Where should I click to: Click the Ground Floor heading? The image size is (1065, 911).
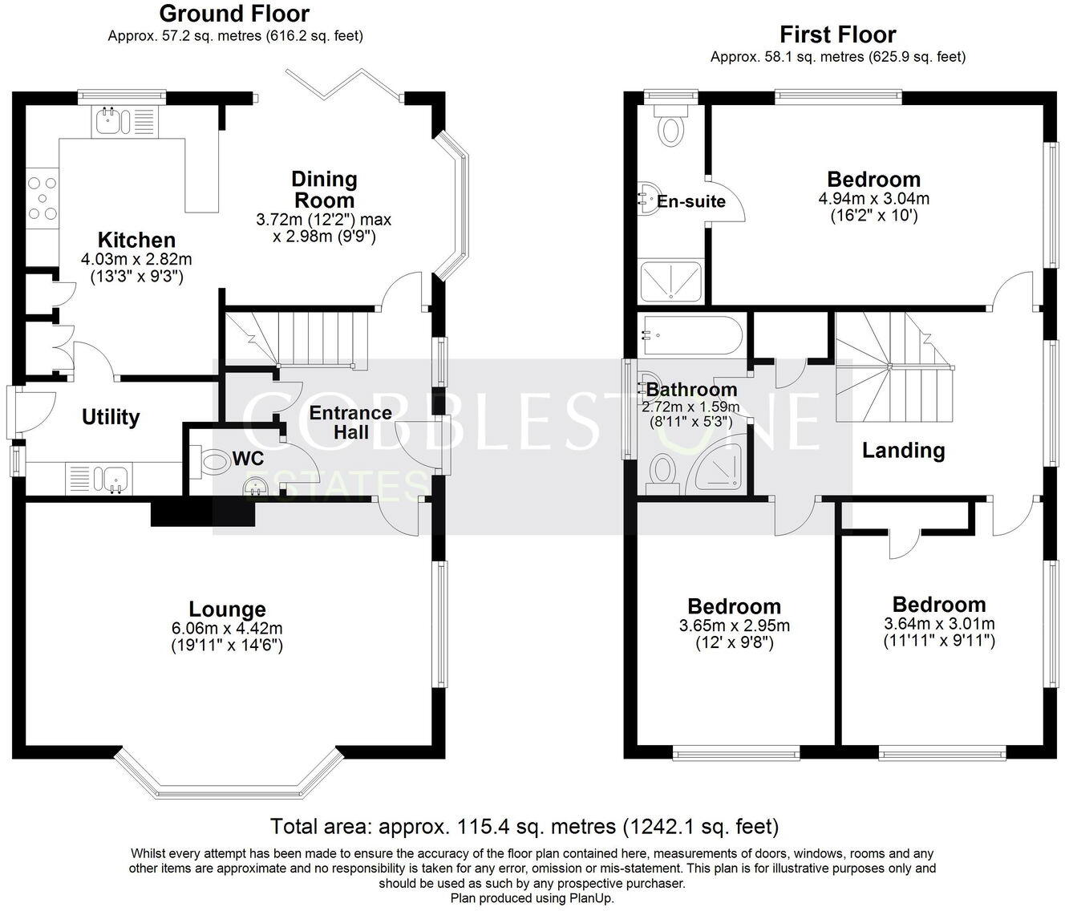[x=234, y=14]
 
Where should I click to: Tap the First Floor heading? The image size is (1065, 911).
[x=837, y=34]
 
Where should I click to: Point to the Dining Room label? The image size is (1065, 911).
[x=324, y=189]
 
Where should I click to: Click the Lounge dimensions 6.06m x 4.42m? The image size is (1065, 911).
[x=225, y=628]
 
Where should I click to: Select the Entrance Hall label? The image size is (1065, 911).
[x=350, y=423]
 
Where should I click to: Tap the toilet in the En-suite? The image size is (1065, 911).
[x=669, y=128]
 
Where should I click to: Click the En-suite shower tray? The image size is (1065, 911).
[x=672, y=281]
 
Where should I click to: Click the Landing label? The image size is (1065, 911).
[x=903, y=451]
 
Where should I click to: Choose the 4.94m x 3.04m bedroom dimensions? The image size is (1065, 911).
[x=873, y=199]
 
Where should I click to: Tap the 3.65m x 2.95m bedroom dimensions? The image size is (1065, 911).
[x=734, y=626]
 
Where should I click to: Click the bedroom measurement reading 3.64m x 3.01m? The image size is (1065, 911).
[x=939, y=624]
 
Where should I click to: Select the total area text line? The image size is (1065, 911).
[x=524, y=826]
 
